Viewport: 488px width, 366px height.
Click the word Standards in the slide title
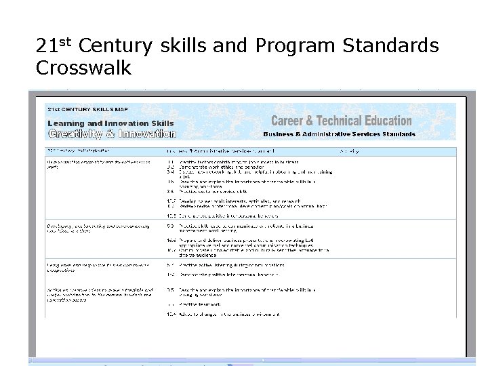390,46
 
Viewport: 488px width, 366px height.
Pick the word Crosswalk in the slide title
83,68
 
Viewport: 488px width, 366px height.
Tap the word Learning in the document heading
66,123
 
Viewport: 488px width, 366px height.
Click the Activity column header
350,151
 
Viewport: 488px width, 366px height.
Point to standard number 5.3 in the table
171,225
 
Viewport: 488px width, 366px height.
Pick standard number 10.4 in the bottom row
171,314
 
